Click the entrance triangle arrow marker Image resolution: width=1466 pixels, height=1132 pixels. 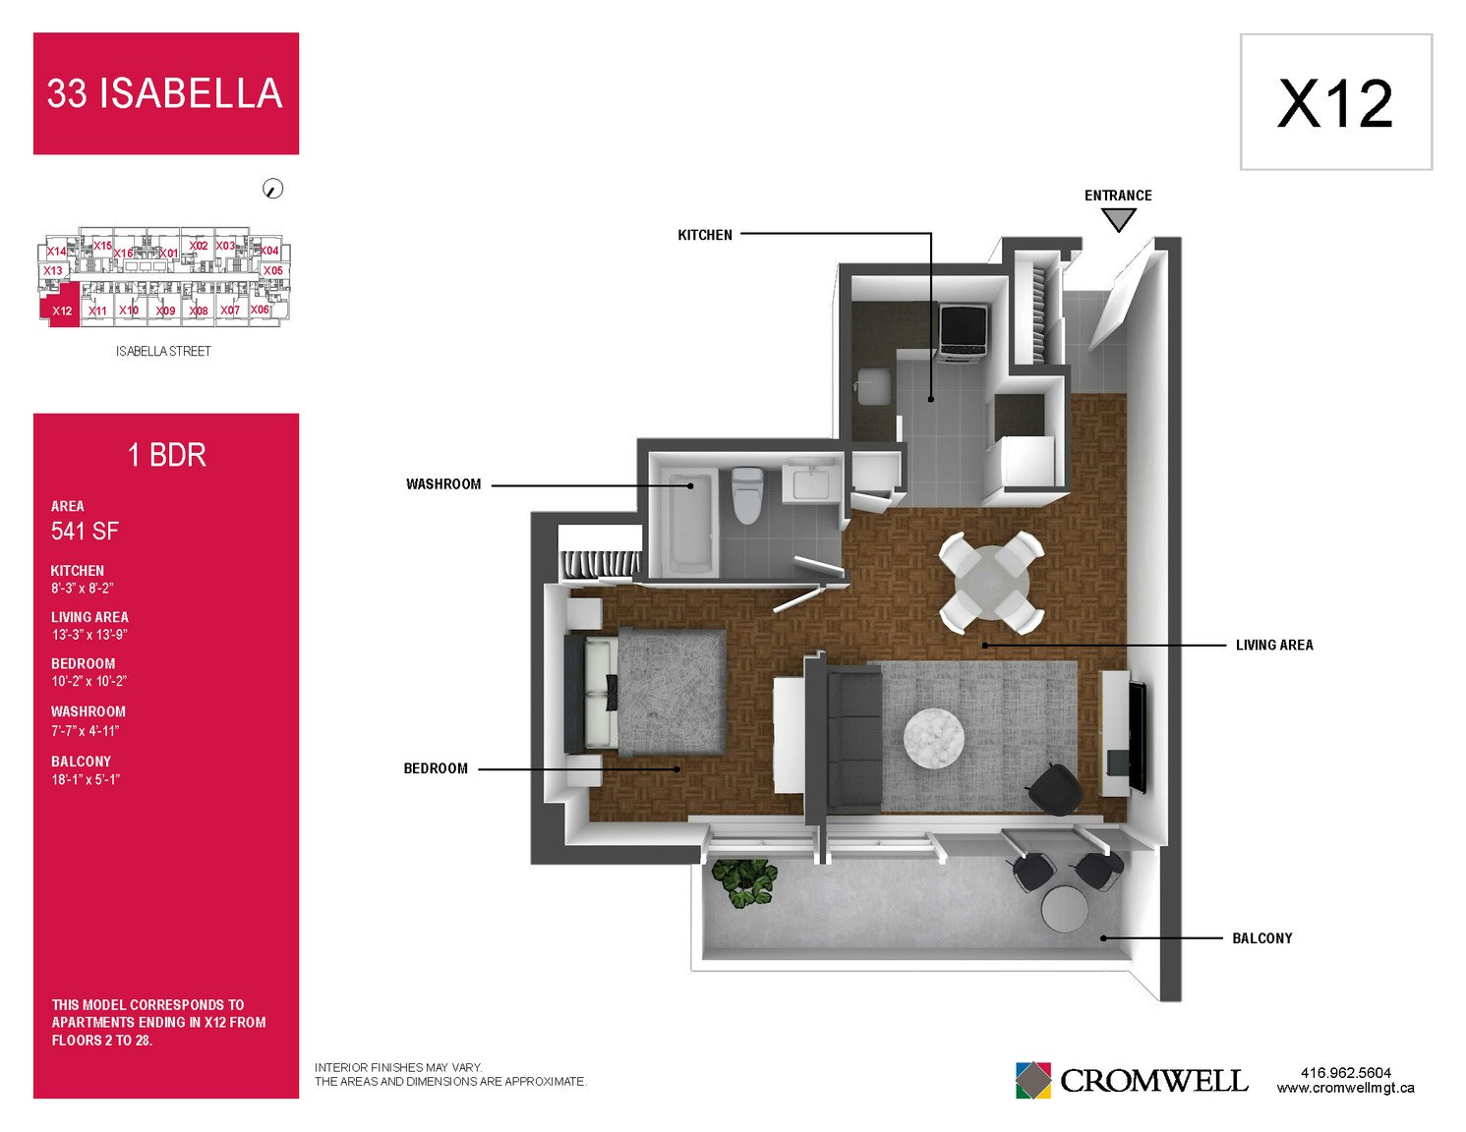tap(1118, 219)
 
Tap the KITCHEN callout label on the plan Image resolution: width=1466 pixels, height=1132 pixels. tap(704, 235)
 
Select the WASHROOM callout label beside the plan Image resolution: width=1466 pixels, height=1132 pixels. tap(443, 484)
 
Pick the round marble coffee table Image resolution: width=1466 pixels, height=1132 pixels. tap(934, 737)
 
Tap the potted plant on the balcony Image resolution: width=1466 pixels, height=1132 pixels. tap(744, 881)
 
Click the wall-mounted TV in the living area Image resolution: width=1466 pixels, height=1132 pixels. tap(1138, 737)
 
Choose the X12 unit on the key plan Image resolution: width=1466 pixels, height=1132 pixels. tap(61, 306)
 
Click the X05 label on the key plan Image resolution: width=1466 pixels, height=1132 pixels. tap(272, 270)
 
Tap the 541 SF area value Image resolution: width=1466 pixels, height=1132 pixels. tap(85, 531)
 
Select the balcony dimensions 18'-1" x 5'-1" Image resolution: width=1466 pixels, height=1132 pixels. tap(85, 779)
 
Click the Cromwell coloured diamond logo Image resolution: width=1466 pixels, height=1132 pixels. tap(1032, 1080)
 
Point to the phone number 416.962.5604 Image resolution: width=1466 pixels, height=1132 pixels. tap(1345, 1073)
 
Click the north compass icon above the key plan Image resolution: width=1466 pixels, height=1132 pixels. tap(272, 189)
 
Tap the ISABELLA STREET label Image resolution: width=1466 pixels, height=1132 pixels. tap(163, 351)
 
